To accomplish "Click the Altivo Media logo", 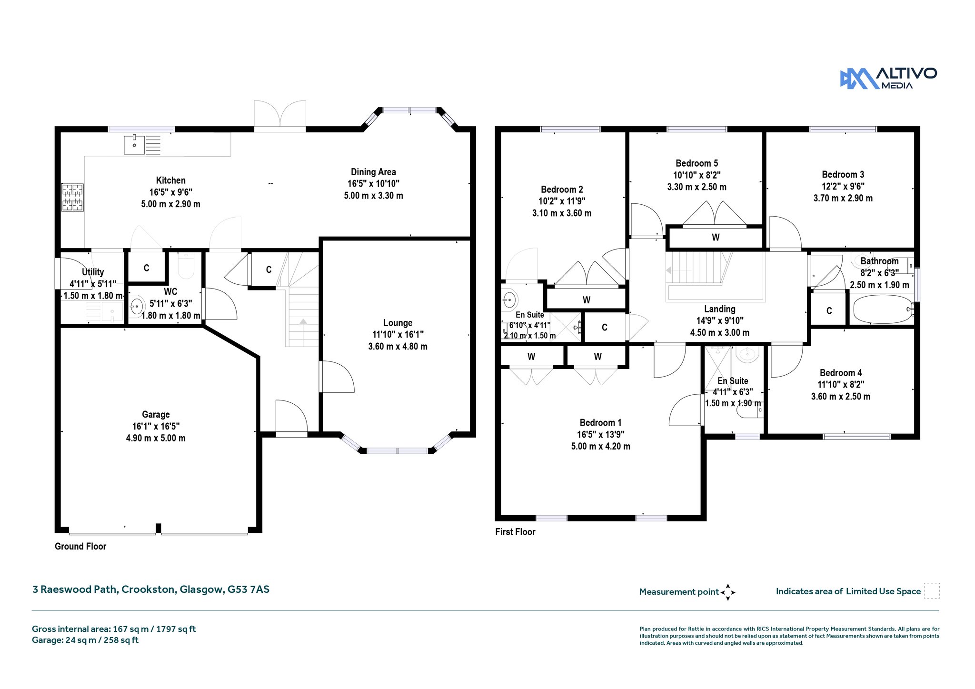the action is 888,79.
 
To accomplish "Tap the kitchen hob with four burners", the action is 73,198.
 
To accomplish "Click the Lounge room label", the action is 398,323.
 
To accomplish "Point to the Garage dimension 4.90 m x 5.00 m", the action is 156,438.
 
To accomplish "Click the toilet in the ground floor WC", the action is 186,266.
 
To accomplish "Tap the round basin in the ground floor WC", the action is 137,305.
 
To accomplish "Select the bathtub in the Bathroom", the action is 883,310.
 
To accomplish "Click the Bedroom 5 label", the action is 696,163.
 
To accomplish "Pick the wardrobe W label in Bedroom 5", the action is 716,237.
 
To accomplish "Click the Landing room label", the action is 719,309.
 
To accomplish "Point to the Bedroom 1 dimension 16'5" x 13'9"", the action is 600,434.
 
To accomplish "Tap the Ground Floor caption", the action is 80,546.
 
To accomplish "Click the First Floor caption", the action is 515,532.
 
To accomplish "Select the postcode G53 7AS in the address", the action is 248,589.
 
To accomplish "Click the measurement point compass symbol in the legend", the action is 728,592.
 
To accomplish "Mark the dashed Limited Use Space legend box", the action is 932,591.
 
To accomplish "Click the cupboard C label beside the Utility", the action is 146,268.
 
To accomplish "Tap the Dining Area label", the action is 373,172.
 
